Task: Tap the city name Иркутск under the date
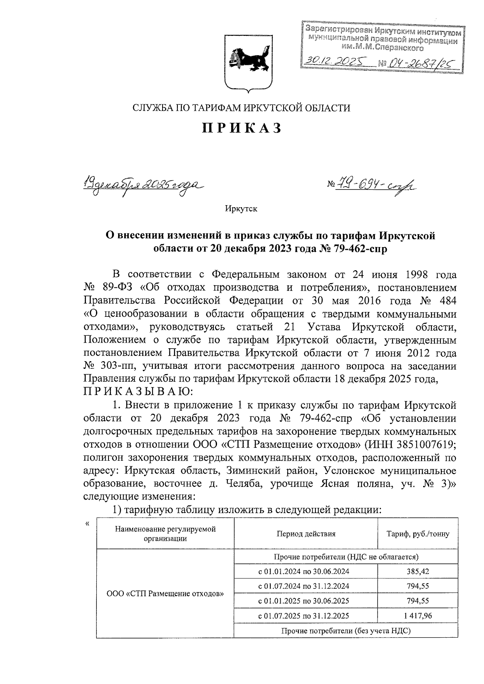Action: coord(241,209)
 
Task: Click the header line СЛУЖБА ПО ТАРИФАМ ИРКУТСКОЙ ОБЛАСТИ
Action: coord(242,108)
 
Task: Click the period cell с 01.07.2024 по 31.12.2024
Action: coord(306,586)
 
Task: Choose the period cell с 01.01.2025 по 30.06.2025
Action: coord(306,601)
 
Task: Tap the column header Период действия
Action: coord(306,534)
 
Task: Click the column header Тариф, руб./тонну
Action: coord(418,534)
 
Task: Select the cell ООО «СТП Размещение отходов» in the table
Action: coord(165,594)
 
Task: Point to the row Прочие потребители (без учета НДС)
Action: coord(346,631)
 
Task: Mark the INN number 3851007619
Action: coord(428,444)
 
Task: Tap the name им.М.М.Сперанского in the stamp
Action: coord(382,48)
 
